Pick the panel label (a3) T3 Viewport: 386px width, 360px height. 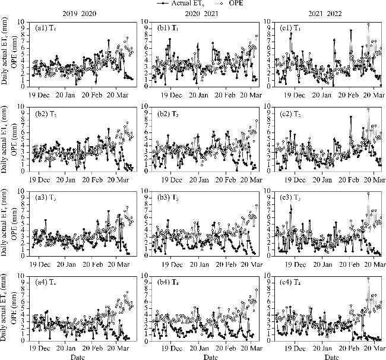point(46,196)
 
